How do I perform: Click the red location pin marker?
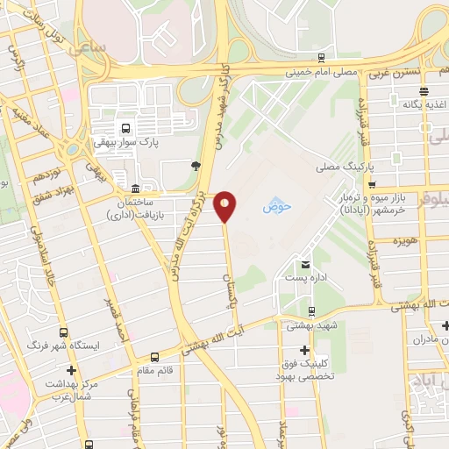[x=225, y=205]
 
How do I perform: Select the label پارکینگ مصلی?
[x=345, y=166]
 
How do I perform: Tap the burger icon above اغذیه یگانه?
[x=424, y=90]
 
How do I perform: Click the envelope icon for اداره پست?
[x=305, y=265]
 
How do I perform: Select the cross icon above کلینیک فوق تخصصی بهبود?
[x=304, y=351]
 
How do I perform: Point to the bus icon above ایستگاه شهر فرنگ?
[x=63, y=333]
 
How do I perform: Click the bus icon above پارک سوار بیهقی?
[x=126, y=126]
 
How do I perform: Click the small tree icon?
[x=194, y=164]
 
